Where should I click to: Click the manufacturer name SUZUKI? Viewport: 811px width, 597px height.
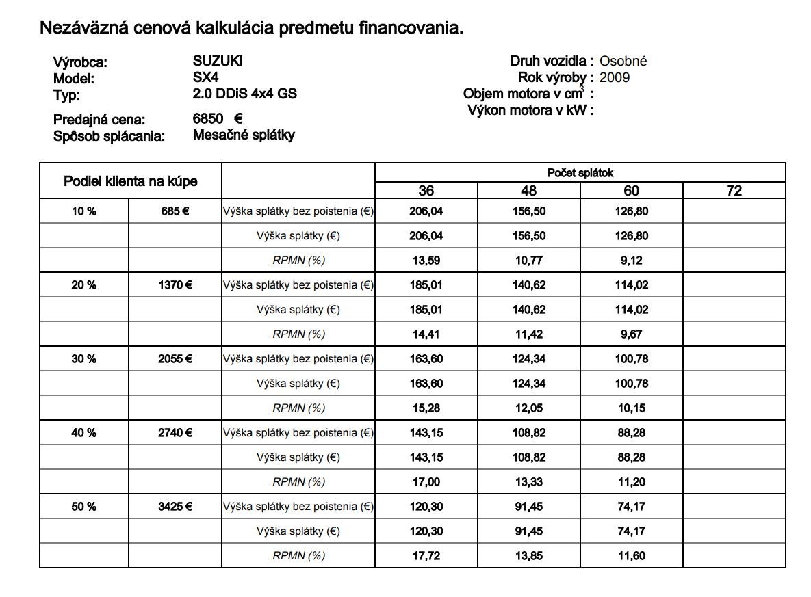[218, 61]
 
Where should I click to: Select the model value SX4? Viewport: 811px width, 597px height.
[205, 77]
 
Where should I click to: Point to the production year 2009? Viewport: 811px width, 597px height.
[614, 77]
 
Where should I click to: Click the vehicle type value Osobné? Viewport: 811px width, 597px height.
[623, 61]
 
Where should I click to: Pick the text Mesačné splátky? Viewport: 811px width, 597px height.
[244, 135]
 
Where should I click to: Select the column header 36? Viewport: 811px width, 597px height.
[426, 191]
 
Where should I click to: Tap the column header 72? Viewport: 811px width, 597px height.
[734, 191]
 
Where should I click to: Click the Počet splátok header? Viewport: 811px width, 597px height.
[580, 173]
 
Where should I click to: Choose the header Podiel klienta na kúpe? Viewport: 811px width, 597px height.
[130, 181]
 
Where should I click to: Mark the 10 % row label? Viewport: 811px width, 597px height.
[83, 211]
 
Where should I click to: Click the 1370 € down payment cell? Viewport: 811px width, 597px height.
[175, 285]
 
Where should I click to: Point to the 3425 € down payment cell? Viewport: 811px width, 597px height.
[175, 507]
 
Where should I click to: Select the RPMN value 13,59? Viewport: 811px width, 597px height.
[426, 261]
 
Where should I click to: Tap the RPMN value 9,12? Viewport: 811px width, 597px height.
[631, 261]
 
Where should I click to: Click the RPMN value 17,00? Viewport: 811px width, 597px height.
[426, 482]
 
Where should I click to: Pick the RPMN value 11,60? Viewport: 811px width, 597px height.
[631, 556]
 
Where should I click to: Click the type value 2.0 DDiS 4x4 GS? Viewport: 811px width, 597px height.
[244, 94]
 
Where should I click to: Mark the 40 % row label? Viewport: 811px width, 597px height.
[83, 433]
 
